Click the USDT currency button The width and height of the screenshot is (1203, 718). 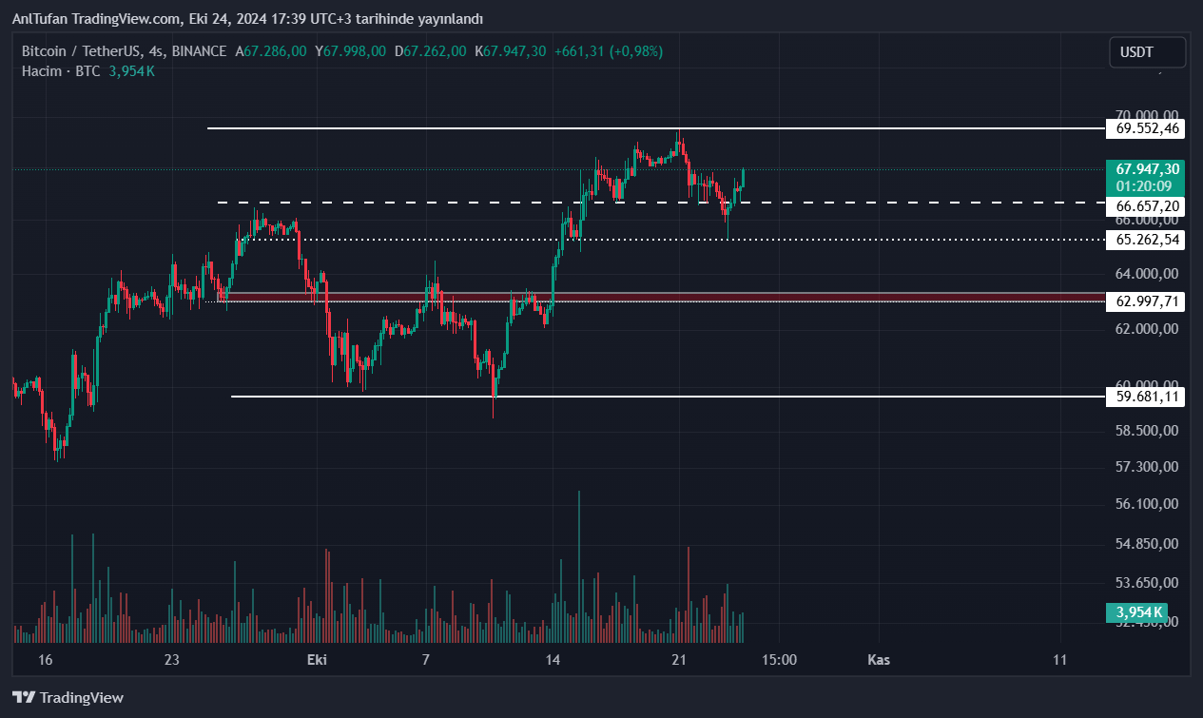click(1147, 53)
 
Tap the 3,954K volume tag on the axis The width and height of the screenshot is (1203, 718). click(1139, 611)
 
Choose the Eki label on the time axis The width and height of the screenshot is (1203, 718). click(317, 660)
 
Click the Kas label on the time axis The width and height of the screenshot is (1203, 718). click(879, 660)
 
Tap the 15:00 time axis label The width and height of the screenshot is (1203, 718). click(779, 660)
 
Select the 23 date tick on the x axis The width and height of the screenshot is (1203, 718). click(171, 660)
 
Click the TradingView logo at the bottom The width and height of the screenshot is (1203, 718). click(68, 697)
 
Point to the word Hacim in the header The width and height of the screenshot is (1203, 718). click(42, 71)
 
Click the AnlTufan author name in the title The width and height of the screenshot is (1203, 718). click(40, 19)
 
